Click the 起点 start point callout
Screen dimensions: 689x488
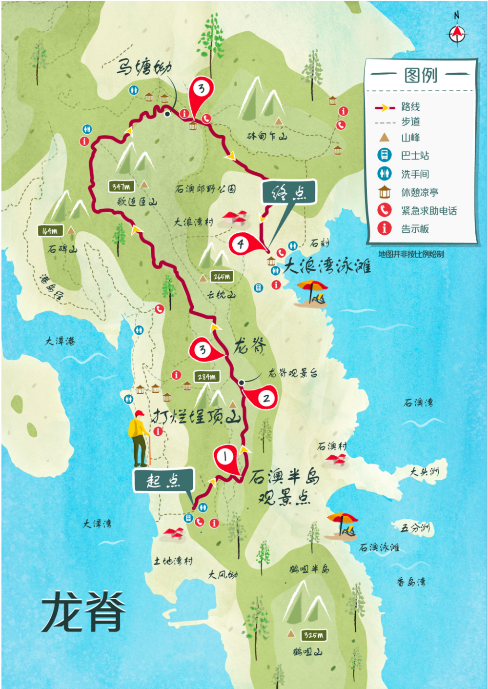163,480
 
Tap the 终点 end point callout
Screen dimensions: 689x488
289,192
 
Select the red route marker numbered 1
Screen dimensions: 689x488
225,457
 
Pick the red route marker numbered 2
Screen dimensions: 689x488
265,398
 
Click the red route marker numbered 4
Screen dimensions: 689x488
242,243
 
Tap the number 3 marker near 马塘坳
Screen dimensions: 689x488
201,89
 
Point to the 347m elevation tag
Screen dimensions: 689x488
121,186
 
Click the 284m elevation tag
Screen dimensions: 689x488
207,377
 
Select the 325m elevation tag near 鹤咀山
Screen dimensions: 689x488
313,635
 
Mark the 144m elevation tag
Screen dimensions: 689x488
50,230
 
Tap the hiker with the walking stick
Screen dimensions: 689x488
139,438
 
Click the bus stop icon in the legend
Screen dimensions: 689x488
385,155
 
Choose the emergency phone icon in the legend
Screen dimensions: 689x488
385,210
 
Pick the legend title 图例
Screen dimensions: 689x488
421,75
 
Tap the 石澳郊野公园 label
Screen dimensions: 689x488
205,188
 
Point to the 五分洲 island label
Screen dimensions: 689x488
415,527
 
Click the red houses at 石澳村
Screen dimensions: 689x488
336,459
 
